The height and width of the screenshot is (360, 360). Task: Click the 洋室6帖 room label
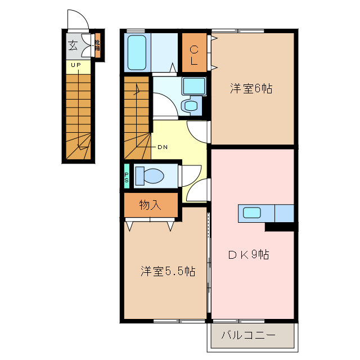click(x=251, y=89)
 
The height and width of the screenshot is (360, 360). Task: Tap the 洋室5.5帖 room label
click(x=168, y=272)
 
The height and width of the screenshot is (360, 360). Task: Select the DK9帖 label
click(x=248, y=255)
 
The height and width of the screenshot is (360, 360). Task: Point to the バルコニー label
click(x=248, y=336)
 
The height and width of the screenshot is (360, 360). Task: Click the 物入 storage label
click(x=150, y=205)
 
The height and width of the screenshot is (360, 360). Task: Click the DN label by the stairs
click(x=162, y=147)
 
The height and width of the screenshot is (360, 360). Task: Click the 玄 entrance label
click(x=73, y=46)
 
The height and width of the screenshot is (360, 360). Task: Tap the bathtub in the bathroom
click(x=136, y=52)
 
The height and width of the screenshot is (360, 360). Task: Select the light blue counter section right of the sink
click(x=285, y=214)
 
